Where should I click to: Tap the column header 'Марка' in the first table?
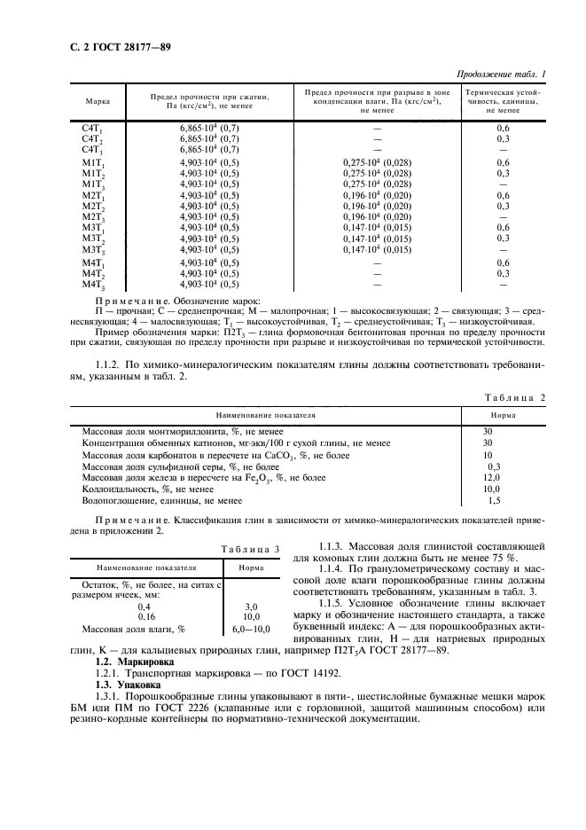(x=98, y=102)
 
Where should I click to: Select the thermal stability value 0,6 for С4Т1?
(x=503, y=129)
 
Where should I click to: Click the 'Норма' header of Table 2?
(x=504, y=414)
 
